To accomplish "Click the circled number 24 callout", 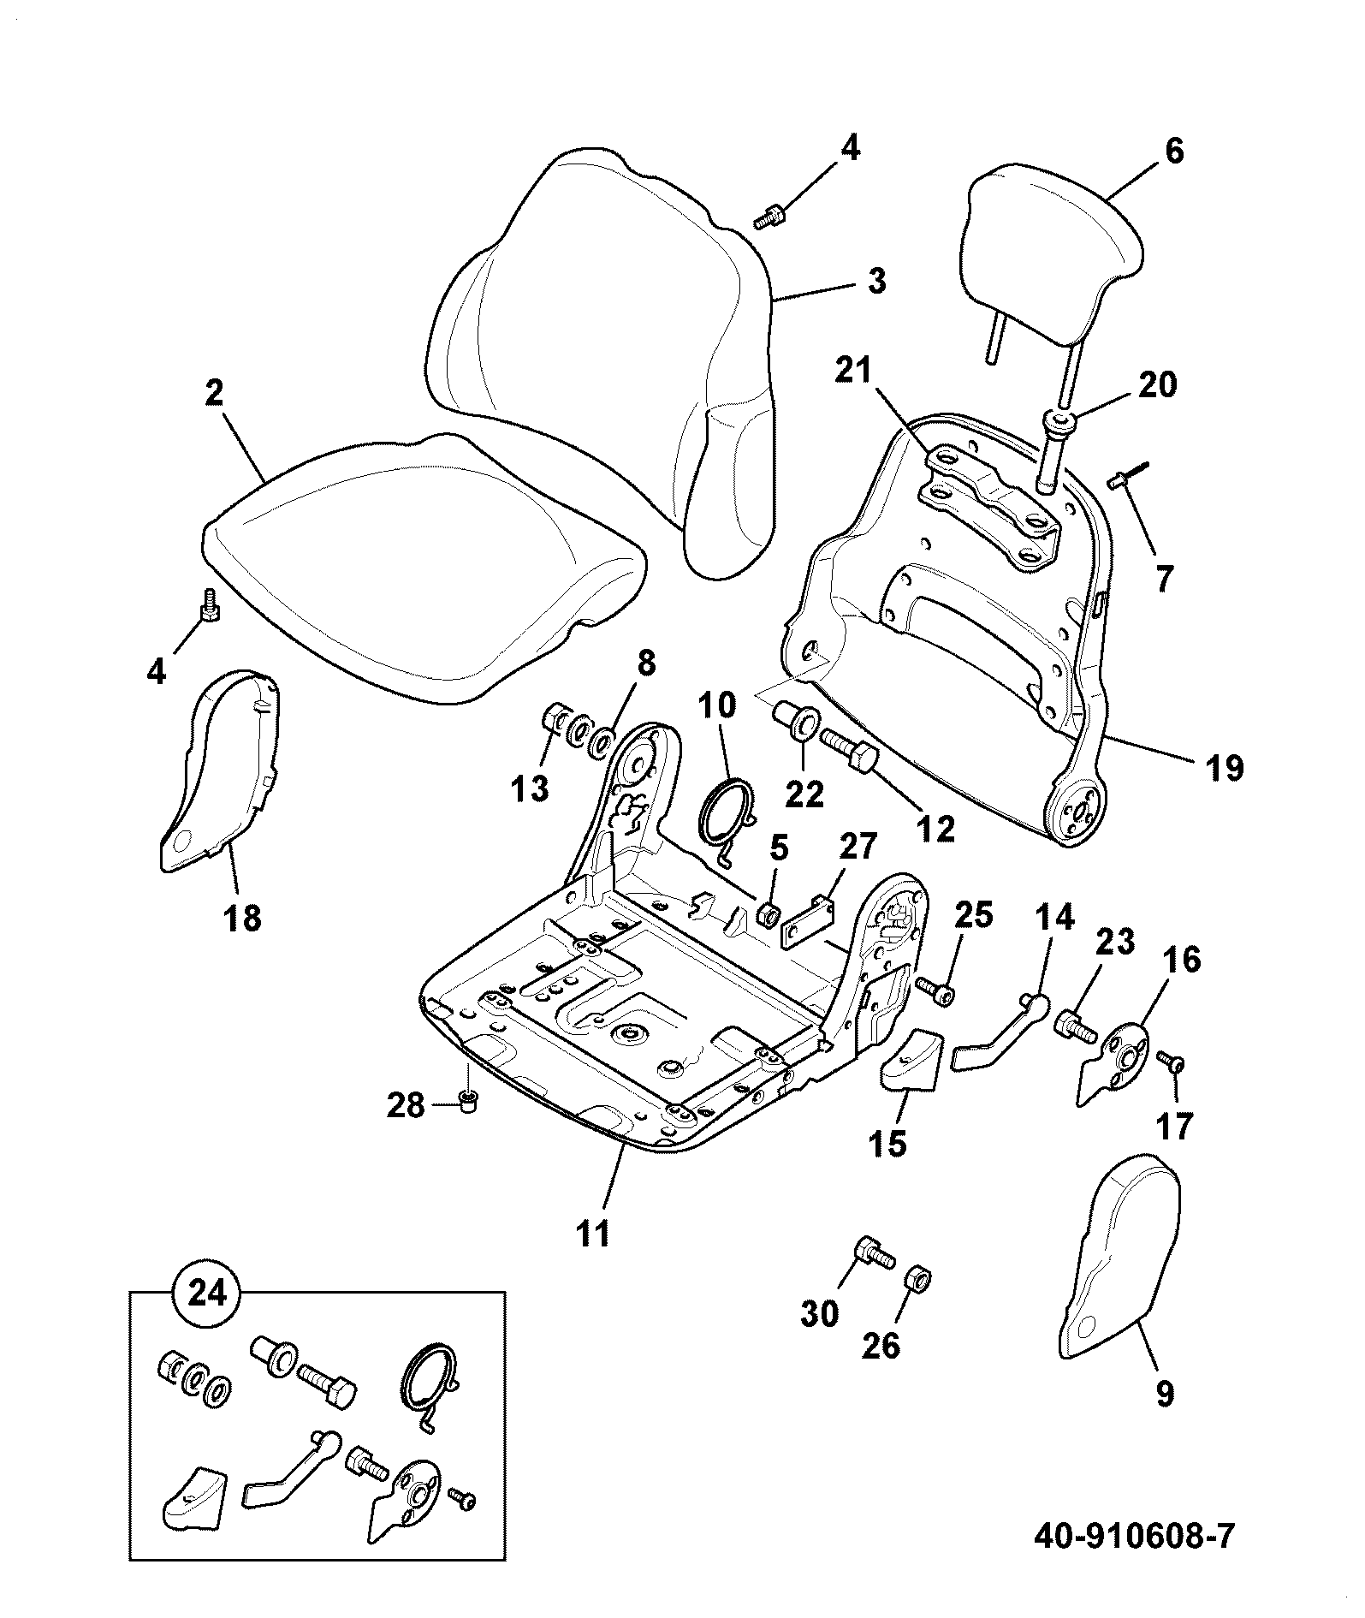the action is pos(207,1294).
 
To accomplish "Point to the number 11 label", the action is pos(593,1234).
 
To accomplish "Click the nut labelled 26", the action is pos(919,1280).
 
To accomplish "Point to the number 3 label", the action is pos(875,282).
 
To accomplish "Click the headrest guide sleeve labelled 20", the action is pos(1058,449).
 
